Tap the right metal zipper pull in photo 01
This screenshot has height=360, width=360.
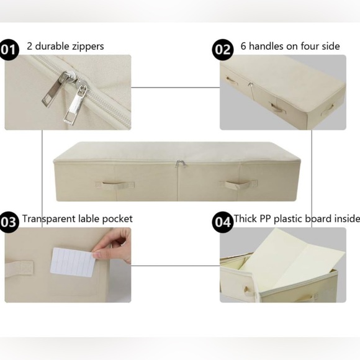[75, 106]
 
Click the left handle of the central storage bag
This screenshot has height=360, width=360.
[115, 185]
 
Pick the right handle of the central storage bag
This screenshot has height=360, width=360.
[238, 185]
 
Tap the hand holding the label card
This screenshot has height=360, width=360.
[118, 243]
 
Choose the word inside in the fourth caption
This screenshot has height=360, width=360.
[346, 218]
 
